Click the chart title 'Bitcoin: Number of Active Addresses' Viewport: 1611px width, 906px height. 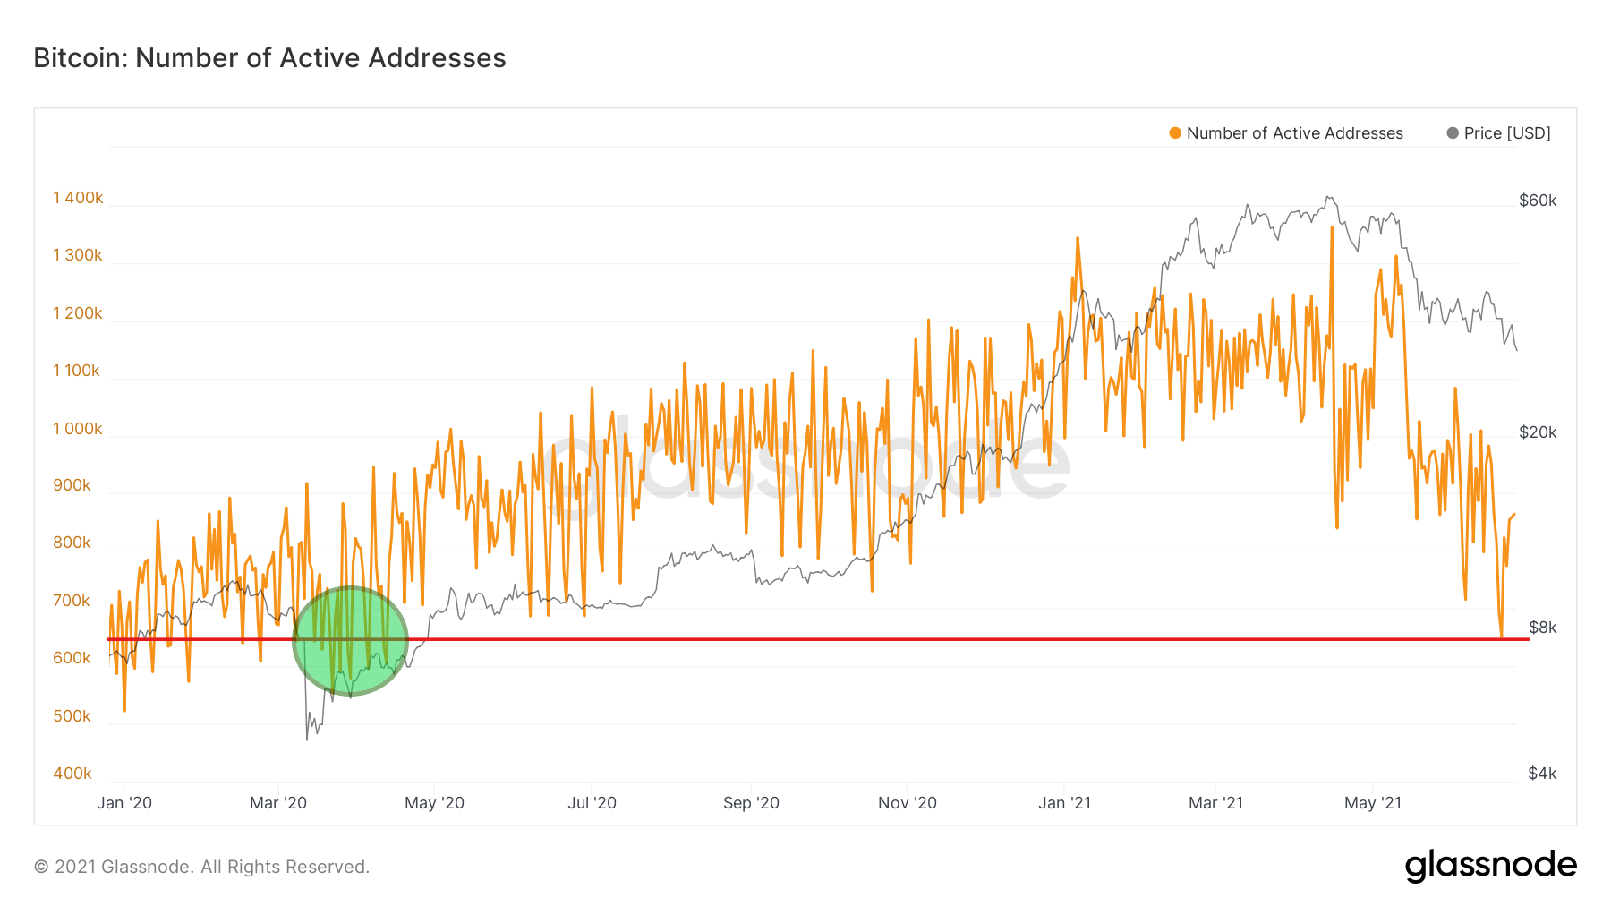point(269,58)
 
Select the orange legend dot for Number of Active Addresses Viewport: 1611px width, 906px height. point(1175,133)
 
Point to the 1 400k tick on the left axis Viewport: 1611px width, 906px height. point(78,198)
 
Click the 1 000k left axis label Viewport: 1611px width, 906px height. point(78,429)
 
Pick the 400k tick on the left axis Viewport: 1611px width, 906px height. point(72,774)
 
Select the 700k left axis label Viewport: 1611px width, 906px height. point(72,601)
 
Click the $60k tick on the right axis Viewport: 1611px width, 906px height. point(1538,201)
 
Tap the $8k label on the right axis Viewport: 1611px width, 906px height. point(1542,628)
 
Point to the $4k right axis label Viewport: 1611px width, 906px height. point(1542,774)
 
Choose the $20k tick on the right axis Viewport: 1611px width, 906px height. point(1538,432)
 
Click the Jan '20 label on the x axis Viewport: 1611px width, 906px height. point(124,803)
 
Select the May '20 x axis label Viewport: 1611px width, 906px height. point(434,803)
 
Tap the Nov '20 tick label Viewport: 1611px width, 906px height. point(907,803)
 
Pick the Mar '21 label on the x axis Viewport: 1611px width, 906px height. point(1215,803)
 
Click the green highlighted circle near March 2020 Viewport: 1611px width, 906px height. point(351,641)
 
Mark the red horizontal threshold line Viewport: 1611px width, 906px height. point(805,639)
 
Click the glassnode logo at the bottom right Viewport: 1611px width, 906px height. point(1490,866)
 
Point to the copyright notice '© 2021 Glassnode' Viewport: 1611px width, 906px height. point(201,867)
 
